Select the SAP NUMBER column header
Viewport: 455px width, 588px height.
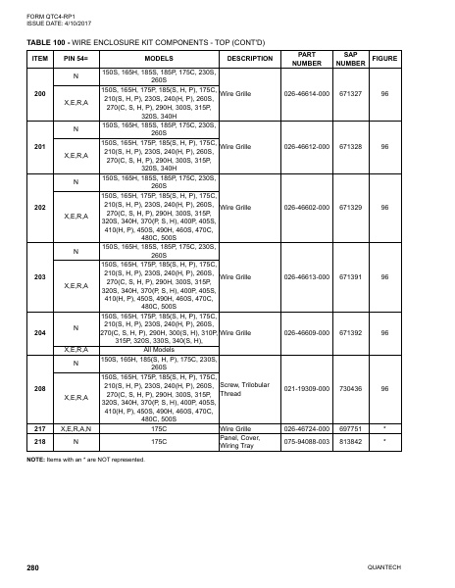coord(350,58)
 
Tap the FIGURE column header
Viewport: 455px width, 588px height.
coord(385,58)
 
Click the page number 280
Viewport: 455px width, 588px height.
coord(32,567)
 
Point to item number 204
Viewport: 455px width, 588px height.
coord(39,333)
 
